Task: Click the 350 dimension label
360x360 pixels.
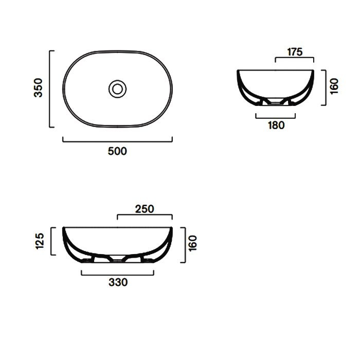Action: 38,88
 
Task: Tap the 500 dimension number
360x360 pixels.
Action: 117,151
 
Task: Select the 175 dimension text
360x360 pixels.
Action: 295,52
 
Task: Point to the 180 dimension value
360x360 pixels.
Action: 276,125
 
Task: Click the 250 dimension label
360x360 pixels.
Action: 145,209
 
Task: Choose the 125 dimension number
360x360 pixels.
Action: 40,241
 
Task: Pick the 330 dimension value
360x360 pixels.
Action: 118,282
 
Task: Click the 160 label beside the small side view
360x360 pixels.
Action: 334,86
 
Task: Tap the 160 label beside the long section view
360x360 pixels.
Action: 193,243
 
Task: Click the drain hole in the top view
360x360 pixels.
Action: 118,89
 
